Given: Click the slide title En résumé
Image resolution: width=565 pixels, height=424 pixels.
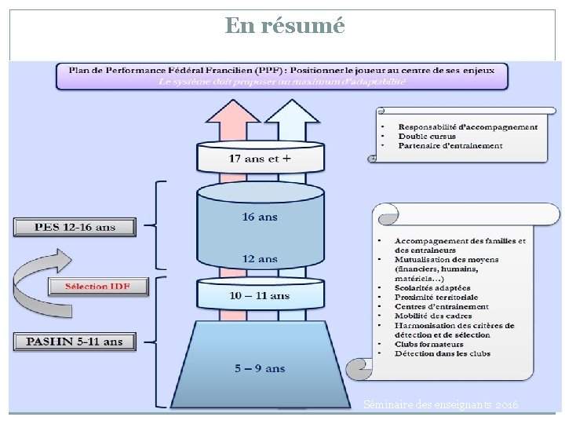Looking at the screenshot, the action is tap(284, 26).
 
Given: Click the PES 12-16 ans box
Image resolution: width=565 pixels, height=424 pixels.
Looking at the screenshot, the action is tap(75, 228).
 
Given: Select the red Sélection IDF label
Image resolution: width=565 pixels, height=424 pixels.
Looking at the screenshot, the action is tap(98, 286).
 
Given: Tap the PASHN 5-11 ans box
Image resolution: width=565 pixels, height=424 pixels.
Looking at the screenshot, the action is tap(75, 342).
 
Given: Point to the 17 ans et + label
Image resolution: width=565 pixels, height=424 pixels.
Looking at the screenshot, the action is tap(260, 159).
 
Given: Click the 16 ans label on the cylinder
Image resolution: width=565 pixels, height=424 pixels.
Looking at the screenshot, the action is tap(259, 217).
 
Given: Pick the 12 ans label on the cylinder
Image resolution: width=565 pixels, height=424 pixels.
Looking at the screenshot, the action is tap(259, 258).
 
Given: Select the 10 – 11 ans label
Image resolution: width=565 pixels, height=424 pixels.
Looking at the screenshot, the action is tap(259, 295).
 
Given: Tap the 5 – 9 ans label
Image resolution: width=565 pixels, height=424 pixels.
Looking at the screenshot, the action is tap(260, 367).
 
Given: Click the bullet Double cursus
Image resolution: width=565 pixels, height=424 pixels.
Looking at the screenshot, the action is tap(427, 137).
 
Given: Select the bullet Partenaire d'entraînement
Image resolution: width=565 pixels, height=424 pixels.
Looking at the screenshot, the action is tap(450, 146).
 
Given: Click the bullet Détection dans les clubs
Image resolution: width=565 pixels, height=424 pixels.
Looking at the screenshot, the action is tap(443, 353).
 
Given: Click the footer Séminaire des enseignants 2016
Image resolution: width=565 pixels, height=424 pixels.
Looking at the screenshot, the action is tap(440, 404).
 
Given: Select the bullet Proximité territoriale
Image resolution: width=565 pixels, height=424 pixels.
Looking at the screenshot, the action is tap(436, 298).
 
